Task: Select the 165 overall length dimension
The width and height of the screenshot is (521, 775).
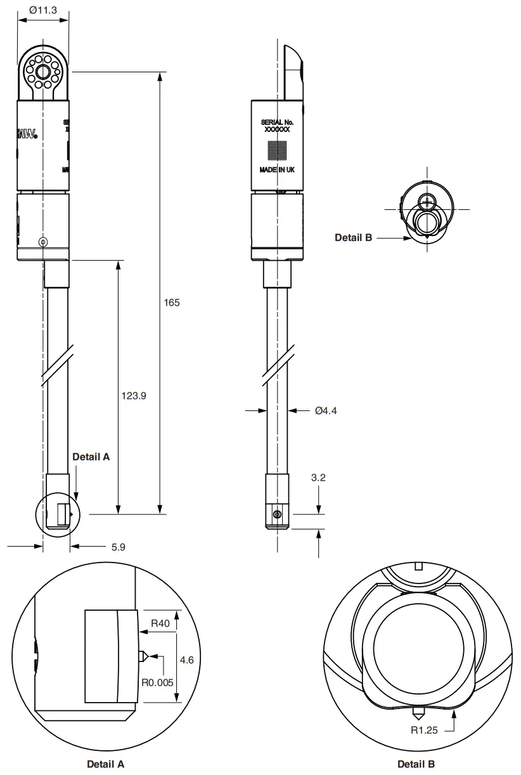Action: pyautogui.click(x=172, y=303)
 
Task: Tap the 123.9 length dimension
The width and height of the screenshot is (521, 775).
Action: pyautogui.click(x=134, y=396)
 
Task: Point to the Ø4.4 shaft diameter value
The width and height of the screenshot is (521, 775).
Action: pyautogui.click(x=326, y=411)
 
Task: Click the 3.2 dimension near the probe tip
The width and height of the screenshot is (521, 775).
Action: pyautogui.click(x=318, y=478)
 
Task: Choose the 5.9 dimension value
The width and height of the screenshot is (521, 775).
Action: pyautogui.click(x=118, y=547)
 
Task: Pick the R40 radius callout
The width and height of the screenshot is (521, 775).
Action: pyautogui.click(x=160, y=624)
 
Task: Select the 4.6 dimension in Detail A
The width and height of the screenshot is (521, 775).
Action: pyautogui.click(x=186, y=660)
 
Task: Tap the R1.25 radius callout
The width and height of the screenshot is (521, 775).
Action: pyautogui.click(x=423, y=730)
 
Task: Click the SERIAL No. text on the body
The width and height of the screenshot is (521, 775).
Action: pyautogui.click(x=277, y=121)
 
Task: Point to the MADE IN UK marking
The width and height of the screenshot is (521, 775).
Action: pyautogui.click(x=277, y=170)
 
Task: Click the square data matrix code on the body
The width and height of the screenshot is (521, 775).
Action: pyautogui.click(x=277, y=150)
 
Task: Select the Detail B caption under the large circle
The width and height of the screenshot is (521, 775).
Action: pyautogui.click(x=416, y=764)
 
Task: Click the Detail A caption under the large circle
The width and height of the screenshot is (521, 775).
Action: pyautogui.click(x=105, y=764)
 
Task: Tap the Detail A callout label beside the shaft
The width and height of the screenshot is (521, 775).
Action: pyautogui.click(x=91, y=457)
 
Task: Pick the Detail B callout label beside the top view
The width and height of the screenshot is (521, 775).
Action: pyautogui.click(x=353, y=238)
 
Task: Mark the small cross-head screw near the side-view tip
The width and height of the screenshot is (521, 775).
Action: pyautogui.click(x=276, y=514)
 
